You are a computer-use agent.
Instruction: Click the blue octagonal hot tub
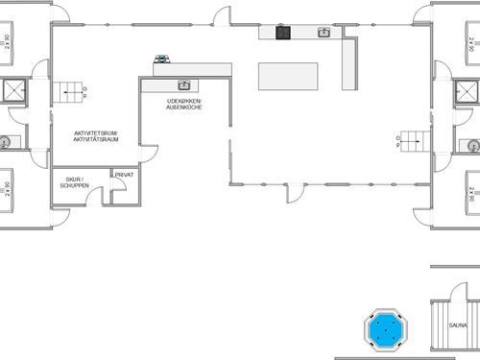tap(387, 328)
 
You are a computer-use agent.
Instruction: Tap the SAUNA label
tap(458, 325)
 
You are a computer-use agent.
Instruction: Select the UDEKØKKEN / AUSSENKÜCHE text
tap(184, 103)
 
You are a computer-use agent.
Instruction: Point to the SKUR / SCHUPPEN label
tap(75, 183)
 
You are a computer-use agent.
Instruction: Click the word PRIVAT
tap(124, 175)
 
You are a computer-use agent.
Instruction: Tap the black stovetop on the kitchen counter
tap(283, 33)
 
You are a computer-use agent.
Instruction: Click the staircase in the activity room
tap(71, 93)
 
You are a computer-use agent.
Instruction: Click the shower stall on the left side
tap(13, 90)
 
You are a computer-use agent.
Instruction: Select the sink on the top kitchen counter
tap(324, 33)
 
